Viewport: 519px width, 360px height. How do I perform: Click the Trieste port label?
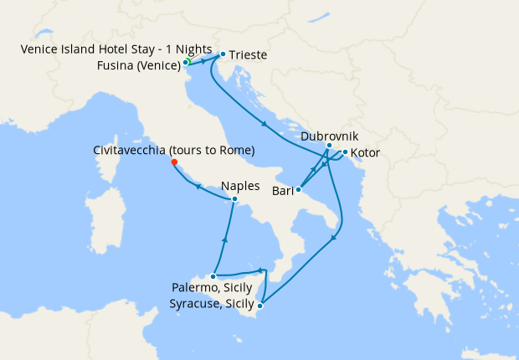pos(248,55)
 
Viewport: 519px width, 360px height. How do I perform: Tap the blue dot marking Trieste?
pos(222,54)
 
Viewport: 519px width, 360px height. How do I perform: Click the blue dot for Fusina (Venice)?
pos(185,63)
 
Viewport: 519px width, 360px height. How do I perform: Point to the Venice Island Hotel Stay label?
pos(116,49)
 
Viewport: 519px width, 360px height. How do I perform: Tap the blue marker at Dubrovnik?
pos(329,146)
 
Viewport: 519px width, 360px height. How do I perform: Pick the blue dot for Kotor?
pos(345,152)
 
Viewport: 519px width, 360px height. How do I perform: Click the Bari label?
pos(282,192)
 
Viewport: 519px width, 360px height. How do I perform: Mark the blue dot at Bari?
pos(299,190)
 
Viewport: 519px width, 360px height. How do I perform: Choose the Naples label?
pos(240,186)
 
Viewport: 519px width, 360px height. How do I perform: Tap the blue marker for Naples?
pos(235,199)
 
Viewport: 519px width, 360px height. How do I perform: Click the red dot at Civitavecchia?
pos(174,162)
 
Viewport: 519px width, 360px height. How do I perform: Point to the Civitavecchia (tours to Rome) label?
pos(174,150)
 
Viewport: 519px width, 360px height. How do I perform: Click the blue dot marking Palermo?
pos(214,275)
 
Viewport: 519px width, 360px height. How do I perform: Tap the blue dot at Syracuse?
pos(260,306)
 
